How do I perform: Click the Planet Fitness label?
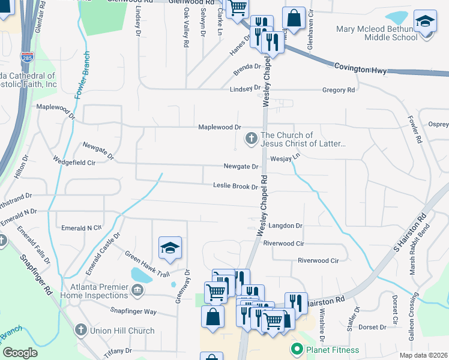[x=333, y=350]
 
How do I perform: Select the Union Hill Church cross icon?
[x=80, y=330]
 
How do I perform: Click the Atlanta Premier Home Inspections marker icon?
[x=138, y=292]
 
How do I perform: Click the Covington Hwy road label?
[x=358, y=69]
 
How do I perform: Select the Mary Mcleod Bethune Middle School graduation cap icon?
[x=425, y=23]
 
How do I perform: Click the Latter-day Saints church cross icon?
[x=251, y=139]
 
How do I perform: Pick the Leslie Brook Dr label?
[x=235, y=187]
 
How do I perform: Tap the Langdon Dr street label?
[x=285, y=226]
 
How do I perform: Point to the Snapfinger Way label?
[x=133, y=311]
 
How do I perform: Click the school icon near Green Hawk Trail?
[x=170, y=247]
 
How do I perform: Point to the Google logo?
[x=20, y=353]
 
